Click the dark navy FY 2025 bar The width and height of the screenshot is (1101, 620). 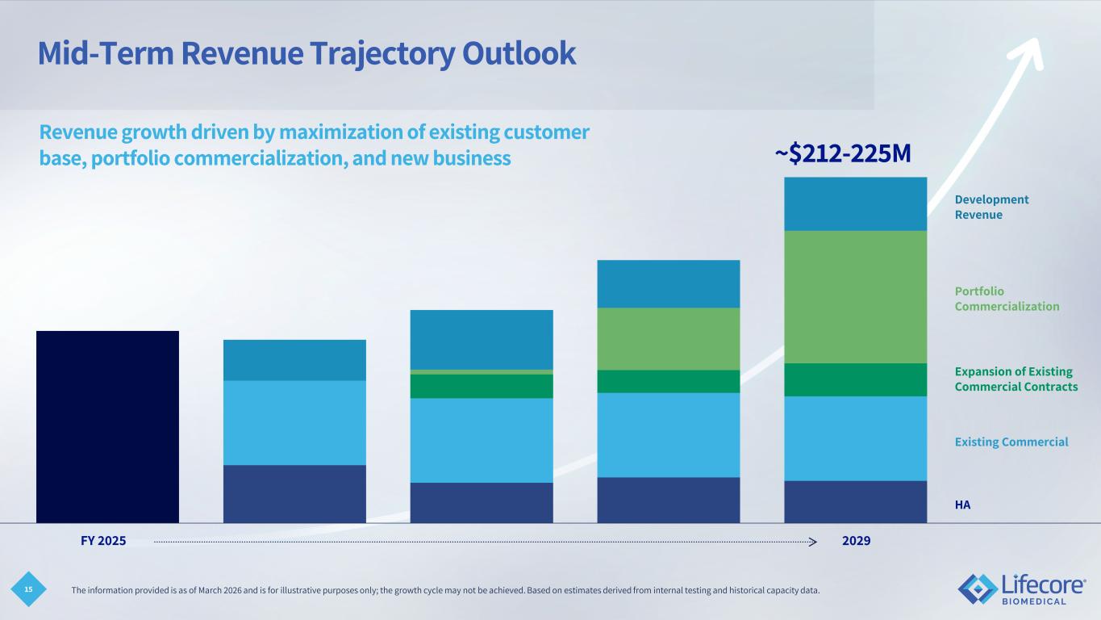107,426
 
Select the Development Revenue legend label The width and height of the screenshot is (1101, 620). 991,207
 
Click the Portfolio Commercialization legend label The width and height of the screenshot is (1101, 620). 1007,299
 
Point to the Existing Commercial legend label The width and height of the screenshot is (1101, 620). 1011,442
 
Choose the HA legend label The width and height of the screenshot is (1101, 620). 962,505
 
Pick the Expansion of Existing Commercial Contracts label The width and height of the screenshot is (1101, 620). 1016,379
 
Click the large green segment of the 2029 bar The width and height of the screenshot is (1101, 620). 855,296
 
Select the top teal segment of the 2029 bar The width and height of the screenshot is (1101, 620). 855,203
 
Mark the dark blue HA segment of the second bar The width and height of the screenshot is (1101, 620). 294,493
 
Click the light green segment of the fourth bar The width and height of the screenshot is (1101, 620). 668,338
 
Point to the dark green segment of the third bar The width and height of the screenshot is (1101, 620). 482,386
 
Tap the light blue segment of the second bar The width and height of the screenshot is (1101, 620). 294,422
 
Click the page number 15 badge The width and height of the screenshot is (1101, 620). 28,591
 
